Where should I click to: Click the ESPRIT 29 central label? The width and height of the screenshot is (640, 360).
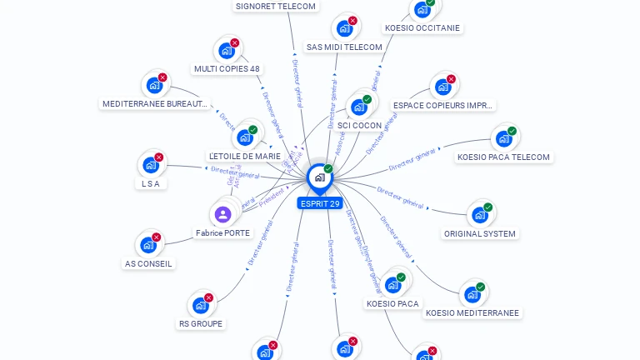click(x=319, y=203)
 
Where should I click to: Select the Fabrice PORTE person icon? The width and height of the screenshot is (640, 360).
click(x=222, y=215)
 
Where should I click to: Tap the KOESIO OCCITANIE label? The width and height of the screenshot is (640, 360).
click(x=422, y=27)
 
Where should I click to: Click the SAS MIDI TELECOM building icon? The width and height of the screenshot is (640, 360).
click(x=344, y=28)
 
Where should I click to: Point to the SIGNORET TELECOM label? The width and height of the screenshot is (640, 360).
click(x=276, y=6)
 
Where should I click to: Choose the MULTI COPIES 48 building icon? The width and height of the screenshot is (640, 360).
click(x=226, y=50)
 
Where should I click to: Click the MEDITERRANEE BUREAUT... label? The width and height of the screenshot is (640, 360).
click(x=155, y=103)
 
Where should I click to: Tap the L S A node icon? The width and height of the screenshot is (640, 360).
click(x=150, y=165)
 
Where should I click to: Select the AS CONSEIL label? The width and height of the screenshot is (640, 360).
click(x=148, y=263)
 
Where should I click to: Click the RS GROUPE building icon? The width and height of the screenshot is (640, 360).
click(x=201, y=305)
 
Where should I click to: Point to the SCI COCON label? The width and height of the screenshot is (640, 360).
click(x=359, y=126)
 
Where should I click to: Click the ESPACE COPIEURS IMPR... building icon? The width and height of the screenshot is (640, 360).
click(x=442, y=87)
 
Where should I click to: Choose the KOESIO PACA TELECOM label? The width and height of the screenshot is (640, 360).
click(x=504, y=157)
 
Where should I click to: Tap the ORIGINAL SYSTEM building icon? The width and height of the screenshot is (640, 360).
click(x=479, y=215)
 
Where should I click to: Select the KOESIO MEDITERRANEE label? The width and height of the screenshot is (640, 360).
click(x=472, y=313)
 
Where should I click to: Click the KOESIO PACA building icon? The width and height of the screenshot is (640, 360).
click(x=392, y=285)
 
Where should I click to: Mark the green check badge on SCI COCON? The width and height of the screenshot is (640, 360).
click(x=367, y=100)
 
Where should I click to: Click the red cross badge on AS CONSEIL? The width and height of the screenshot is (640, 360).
click(x=157, y=237)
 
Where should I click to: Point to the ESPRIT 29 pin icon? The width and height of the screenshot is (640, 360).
click(x=319, y=177)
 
